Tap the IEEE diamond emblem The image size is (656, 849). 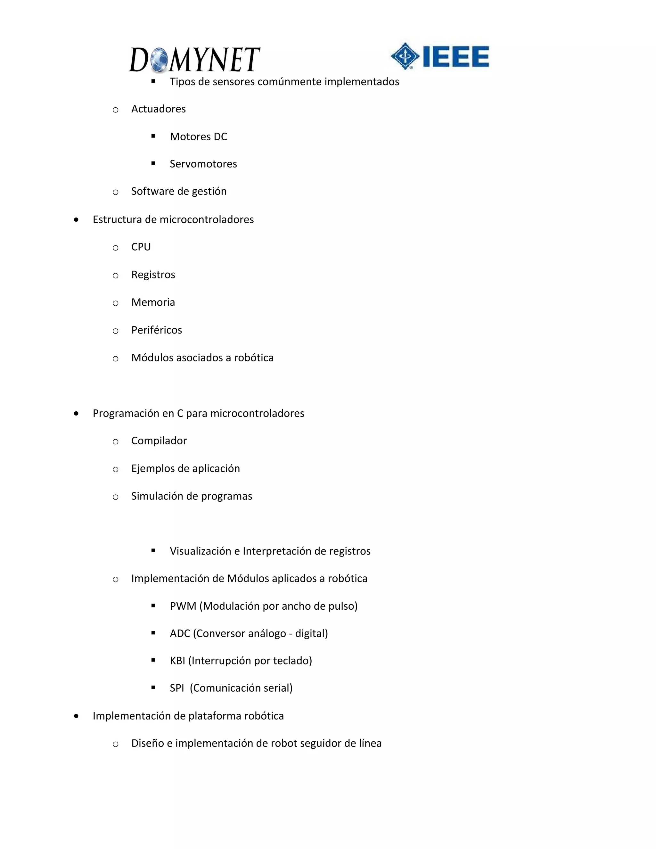coord(405,56)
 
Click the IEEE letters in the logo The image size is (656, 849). coord(456,57)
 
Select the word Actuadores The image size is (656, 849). coord(158,109)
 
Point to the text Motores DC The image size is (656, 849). coord(198,136)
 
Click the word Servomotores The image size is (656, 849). coord(203,164)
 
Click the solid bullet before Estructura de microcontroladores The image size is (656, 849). coord(76,220)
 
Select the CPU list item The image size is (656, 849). coord(141,247)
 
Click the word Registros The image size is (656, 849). coord(153,275)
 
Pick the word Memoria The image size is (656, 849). coord(153,302)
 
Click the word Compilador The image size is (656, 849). coord(159,441)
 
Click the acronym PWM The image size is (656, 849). coord(183,606)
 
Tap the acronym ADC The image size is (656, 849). coord(180,634)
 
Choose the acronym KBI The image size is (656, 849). coord(177,661)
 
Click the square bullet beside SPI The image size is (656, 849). coord(153,688)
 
